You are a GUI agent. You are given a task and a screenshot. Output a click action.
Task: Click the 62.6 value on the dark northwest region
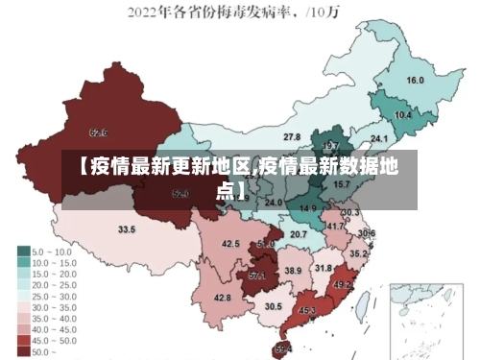tap(97, 132)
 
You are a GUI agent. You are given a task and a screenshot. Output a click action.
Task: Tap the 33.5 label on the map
tap(126, 229)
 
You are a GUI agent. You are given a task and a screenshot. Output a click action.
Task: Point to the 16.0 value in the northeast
tap(415, 81)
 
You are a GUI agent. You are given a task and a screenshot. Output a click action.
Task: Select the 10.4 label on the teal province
tap(403, 114)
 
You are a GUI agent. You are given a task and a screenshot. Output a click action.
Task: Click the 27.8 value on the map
tap(291, 136)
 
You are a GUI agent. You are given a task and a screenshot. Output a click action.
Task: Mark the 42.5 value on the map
tap(230, 244)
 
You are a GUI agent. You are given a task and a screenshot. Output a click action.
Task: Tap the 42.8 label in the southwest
tap(222, 298)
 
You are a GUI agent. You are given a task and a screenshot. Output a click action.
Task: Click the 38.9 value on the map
tap(292, 271)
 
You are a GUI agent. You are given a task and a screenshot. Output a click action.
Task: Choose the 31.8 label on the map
tap(324, 268)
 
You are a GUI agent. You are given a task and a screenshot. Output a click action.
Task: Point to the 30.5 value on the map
tap(274, 306)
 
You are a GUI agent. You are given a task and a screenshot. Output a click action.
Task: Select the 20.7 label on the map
tap(299, 234)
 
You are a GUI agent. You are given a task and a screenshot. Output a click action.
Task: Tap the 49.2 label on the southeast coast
tap(342, 284)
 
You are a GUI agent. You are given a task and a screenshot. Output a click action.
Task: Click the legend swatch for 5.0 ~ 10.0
tap(23, 251)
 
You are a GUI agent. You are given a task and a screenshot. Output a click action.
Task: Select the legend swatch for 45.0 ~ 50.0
tap(23, 340)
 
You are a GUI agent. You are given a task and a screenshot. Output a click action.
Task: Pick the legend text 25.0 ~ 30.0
tap(58, 295)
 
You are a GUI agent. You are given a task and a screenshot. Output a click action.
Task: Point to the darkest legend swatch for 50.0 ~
tap(23, 351)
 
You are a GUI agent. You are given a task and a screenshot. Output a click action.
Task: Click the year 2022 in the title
tap(146, 12)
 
